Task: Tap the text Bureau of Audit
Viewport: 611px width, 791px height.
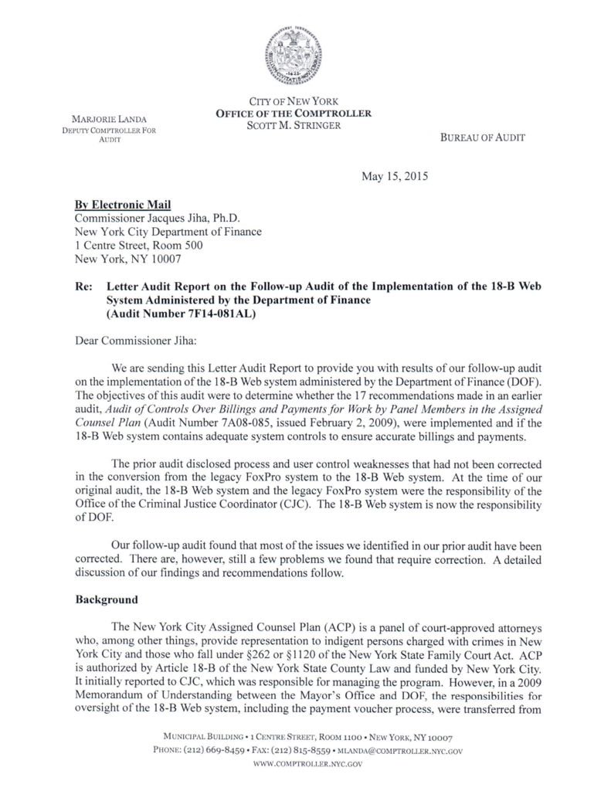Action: [x=483, y=137]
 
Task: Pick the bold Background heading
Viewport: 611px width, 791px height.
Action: [x=107, y=599]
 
